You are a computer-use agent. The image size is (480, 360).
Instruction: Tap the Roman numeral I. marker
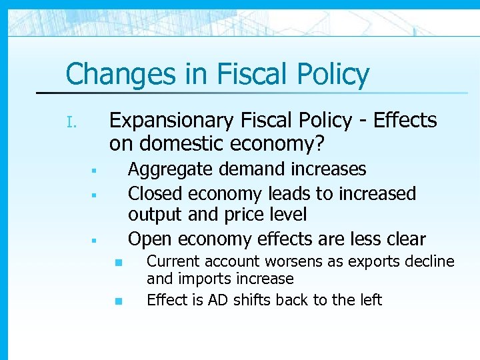pyautogui.click(x=73, y=123)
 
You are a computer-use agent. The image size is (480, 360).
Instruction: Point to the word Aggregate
pyautogui.click(x=169, y=170)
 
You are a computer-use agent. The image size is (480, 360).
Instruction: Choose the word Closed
pyautogui.click(x=156, y=194)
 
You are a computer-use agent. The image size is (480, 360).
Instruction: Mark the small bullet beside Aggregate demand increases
pyautogui.click(x=95, y=171)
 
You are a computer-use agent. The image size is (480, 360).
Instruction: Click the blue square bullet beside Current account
pyautogui.click(x=118, y=263)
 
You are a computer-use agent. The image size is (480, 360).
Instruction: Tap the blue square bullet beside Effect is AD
pyautogui.click(x=118, y=301)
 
